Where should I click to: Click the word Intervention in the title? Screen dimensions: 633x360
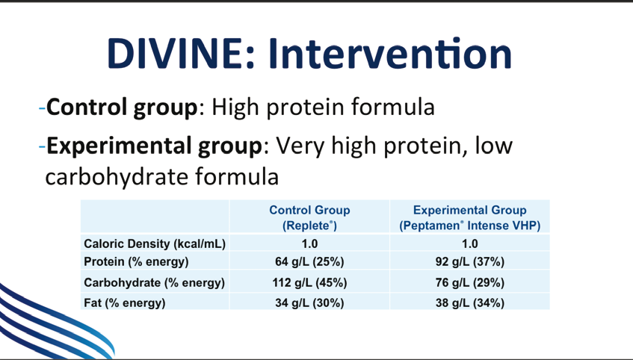tap(390, 54)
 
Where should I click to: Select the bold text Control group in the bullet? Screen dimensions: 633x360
tap(122, 108)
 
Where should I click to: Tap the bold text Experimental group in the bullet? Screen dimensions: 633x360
tap(155, 146)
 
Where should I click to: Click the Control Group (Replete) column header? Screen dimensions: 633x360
tap(309, 217)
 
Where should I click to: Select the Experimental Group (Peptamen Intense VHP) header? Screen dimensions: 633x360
tap(470, 217)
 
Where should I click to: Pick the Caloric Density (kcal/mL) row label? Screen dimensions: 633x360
tap(155, 243)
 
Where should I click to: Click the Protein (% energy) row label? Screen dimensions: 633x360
tap(136, 262)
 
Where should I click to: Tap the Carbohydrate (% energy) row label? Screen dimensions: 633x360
tap(154, 282)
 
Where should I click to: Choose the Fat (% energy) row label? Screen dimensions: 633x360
tap(124, 302)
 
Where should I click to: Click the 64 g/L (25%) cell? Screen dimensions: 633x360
tap(309, 262)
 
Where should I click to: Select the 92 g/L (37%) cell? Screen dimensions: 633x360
tap(470, 262)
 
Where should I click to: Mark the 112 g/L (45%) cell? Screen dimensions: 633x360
tap(309, 282)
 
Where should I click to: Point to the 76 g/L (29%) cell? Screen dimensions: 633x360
tap(470, 282)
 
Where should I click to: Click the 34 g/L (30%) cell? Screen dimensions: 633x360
tap(309, 302)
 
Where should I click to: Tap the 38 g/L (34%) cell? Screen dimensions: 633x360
tap(470, 302)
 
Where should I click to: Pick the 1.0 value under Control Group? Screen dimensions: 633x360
tap(309, 243)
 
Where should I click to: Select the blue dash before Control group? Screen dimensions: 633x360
tap(43, 108)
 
